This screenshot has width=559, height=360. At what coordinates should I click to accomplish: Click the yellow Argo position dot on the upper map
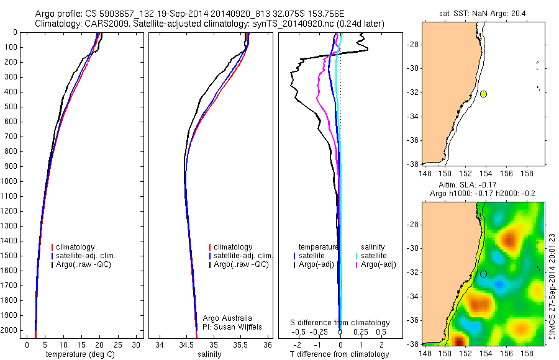coord(483,94)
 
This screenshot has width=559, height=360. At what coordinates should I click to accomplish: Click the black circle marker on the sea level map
coord(483,274)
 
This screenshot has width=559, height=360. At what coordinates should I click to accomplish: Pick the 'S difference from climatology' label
coord(340,323)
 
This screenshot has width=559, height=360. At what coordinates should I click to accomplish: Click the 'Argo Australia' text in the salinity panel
coord(227,318)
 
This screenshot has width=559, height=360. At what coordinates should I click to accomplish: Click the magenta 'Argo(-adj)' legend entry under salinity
coord(378,264)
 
